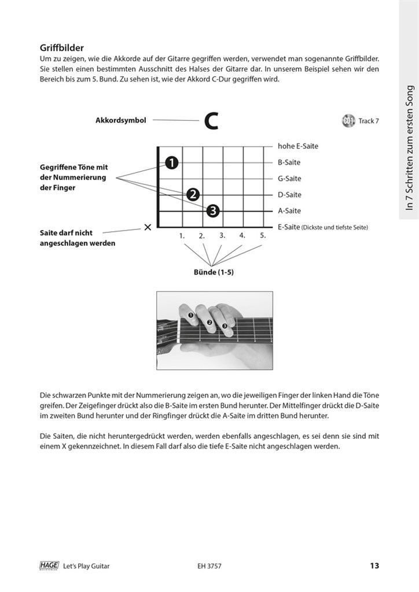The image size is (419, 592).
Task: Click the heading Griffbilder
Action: click(x=63, y=48)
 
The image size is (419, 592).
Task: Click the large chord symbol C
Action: click(x=211, y=121)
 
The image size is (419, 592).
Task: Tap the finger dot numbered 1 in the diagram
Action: click(x=171, y=163)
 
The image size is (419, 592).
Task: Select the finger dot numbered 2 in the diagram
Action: click(x=193, y=195)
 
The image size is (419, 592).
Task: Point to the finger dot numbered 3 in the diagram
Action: click(x=213, y=211)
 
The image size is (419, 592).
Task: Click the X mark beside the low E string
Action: click(x=148, y=227)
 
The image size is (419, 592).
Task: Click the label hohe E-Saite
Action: click(x=298, y=146)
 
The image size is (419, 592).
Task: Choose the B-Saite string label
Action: click(x=289, y=162)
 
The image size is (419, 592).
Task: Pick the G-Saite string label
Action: click(x=289, y=179)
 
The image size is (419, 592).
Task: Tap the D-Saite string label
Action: click(x=289, y=195)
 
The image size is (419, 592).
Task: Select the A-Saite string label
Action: click(x=289, y=211)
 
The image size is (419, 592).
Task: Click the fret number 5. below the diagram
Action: click(x=262, y=235)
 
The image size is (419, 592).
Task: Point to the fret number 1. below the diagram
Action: click(x=182, y=236)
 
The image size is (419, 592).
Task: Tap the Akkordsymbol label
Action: click(x=120, y=121)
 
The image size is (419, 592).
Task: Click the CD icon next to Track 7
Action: click(x=348, y=121)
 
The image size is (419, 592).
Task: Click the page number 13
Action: click(x=374, y=565)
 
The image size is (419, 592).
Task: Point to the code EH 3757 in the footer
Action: click(x=209, y=566)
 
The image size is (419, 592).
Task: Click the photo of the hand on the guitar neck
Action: click(x=214, y=331)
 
